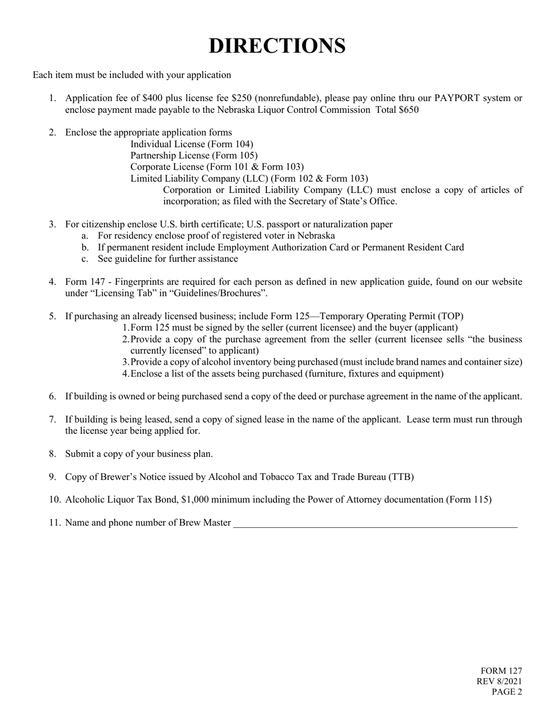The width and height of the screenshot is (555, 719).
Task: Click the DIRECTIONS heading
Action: point(277,46)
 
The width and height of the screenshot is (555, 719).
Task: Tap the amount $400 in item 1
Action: point(154,98)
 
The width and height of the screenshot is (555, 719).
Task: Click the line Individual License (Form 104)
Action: point(192,144)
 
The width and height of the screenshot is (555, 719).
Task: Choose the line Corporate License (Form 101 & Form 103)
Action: point(217,167)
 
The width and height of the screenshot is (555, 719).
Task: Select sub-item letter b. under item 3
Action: point(85,247)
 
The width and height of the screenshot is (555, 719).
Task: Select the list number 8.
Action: point(53,454)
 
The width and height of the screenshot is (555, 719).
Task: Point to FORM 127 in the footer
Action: point(501,671)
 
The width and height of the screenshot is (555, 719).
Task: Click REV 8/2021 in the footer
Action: point(500,682)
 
